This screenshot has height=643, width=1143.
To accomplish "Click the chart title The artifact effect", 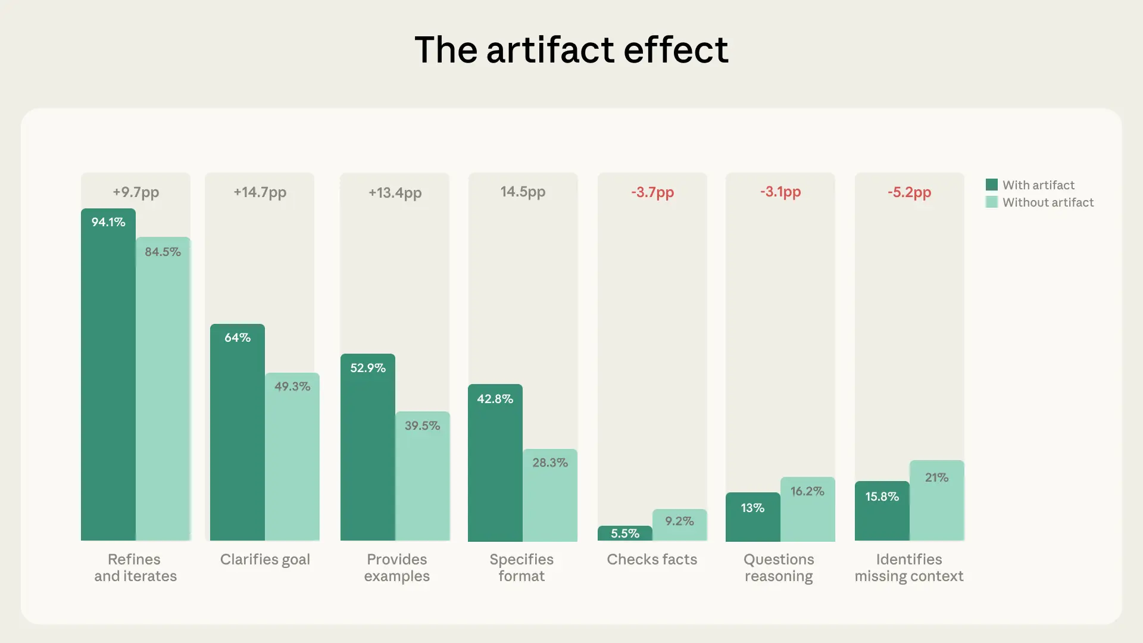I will click(571, 49).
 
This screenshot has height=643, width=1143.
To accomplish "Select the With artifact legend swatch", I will click(991, 185).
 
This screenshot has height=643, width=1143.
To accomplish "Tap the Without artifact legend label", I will click(1048, 202).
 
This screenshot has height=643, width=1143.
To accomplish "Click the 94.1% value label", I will click(108, 222).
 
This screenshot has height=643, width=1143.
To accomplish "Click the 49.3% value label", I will click(292, 386).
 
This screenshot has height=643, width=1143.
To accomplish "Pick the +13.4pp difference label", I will click(395, 192).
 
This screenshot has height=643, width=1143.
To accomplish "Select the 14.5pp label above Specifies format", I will click(523, 192).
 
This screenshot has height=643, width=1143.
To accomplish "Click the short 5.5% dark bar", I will click(624, 533).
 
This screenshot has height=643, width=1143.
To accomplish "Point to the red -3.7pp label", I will click(652, 192).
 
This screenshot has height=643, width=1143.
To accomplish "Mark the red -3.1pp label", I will click(780, 192).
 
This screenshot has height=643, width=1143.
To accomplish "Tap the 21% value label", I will click(936, 477).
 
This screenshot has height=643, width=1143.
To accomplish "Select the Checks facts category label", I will click(652, 560).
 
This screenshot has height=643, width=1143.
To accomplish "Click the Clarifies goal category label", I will click(265, 560).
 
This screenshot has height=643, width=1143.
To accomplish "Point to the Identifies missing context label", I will click(909, 568).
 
